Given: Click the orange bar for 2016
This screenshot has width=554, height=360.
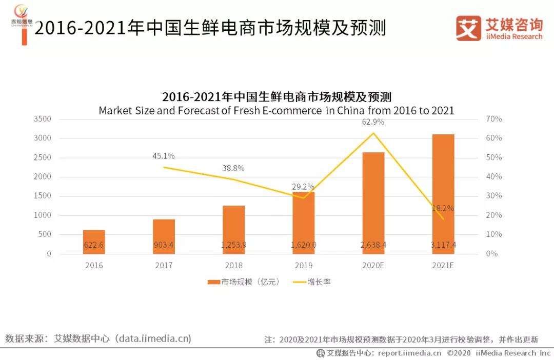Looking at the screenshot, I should point(94,242).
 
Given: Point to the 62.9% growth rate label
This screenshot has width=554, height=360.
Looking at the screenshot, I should point(373,122).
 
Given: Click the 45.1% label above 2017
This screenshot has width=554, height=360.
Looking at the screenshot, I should point(163,156).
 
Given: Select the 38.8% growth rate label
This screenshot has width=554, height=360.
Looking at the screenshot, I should point(233,168).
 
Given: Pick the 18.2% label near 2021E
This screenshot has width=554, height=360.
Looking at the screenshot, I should point(443,208).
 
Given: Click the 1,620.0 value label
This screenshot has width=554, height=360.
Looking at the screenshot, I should point(303,245).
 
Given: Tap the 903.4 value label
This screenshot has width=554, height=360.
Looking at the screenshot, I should point(164,245).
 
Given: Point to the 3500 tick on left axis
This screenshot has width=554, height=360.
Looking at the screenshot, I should point(42,119).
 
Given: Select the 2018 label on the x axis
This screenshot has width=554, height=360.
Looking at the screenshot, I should point(233,266).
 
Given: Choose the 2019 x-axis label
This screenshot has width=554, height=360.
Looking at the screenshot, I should point(303,266).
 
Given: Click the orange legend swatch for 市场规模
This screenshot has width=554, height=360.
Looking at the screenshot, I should point(213,282).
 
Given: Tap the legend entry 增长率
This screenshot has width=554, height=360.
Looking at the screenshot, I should point(318,282).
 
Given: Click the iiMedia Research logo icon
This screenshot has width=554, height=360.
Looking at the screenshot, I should point(468,28).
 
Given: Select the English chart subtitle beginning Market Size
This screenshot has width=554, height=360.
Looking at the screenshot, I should point(276,110).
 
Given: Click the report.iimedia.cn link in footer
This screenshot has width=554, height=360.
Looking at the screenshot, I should point(409,353).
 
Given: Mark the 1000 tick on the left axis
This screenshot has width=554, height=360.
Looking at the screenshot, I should point(42,215).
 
